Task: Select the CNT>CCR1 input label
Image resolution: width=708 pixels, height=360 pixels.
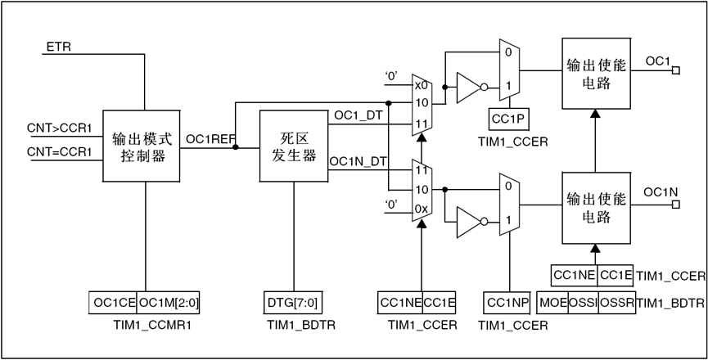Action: [60, 128]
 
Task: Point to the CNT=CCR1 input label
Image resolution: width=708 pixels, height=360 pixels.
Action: [60, 151]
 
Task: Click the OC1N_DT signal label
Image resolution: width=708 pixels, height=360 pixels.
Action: [358, 161]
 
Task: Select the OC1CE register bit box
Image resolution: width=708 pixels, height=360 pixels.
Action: [112, 303]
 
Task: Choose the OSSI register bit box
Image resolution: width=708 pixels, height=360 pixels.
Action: [584, 303]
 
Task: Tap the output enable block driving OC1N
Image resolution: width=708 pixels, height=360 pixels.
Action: [595, 208]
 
